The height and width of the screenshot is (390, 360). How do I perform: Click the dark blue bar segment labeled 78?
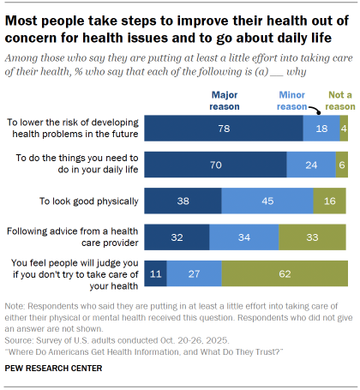tap(223, 127)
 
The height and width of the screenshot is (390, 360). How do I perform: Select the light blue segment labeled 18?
tap(321, 127)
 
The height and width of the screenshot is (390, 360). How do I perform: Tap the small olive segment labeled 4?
tap(343, 127)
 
